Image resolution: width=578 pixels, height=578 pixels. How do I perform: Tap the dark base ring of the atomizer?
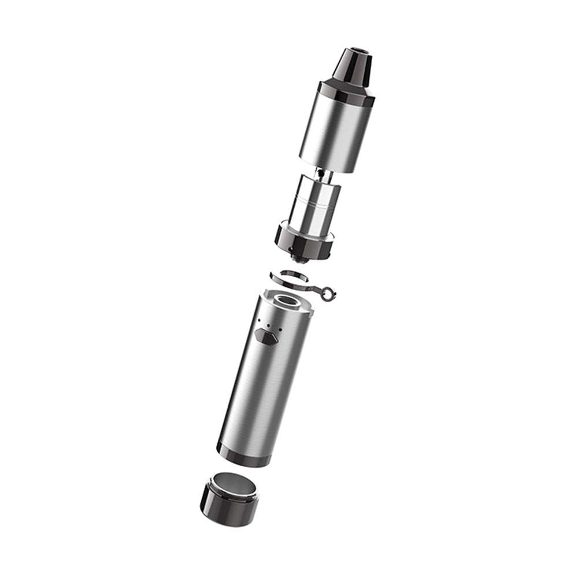[303, 241]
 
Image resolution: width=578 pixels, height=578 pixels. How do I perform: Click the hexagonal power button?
[266, 336]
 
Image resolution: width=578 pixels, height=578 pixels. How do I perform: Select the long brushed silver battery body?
[263, 387]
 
